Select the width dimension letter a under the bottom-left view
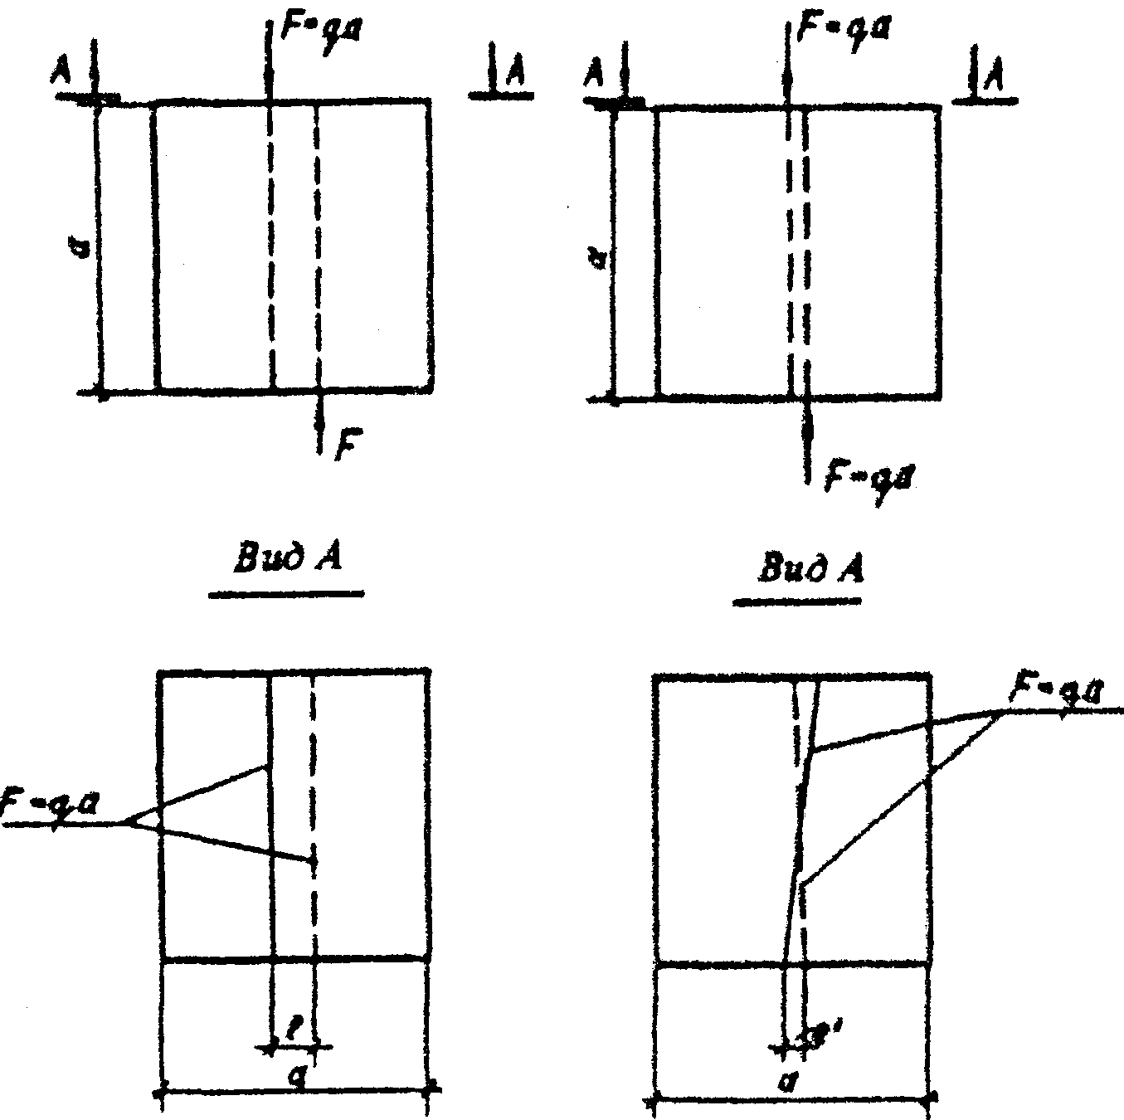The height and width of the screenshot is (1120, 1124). (292, 1075)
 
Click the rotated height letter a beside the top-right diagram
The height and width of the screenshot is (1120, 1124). (603, 262)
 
